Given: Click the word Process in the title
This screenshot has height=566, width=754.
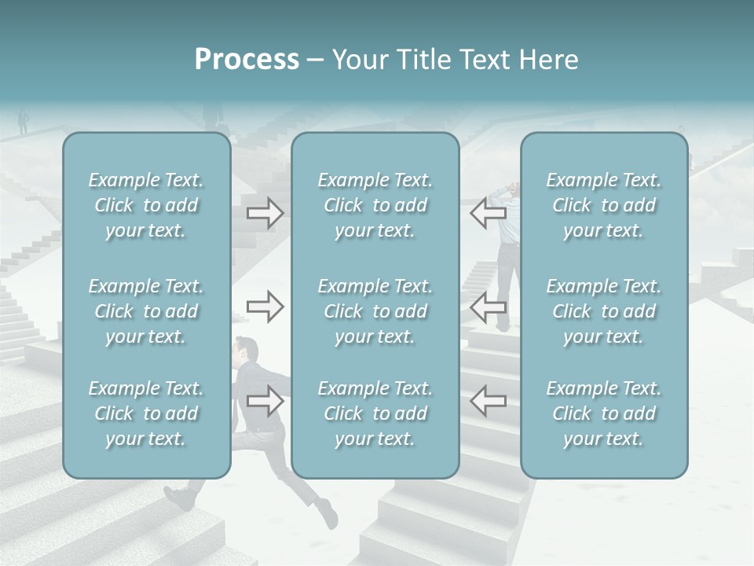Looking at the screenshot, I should point(247,60).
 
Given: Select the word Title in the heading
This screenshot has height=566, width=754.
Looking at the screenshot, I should point(420,60).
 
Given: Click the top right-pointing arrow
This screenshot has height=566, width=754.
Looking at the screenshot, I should point(265,213).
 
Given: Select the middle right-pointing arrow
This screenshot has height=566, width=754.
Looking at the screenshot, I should point(265,306).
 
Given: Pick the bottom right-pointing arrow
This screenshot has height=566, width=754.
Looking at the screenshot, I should point(265,400).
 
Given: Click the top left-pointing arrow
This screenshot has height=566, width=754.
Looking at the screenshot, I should point(489,213).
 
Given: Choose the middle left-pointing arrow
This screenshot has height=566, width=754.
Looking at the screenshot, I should point(489,306).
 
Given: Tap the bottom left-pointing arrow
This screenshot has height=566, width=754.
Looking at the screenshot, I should point(489,400).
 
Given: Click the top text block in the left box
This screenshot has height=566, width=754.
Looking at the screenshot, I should point(146,205).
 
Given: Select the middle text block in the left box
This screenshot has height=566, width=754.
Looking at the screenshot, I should point(146,311).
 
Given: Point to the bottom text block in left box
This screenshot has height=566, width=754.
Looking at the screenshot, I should point(146,413).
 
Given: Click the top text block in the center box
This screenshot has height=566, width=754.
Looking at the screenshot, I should point(375,205).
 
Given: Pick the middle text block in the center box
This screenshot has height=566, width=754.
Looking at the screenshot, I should point(375,311).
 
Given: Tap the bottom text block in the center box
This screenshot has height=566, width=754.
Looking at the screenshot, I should point(375,413).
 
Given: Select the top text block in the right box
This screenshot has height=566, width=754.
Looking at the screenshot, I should point(604,205).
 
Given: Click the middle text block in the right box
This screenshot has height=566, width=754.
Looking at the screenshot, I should point(604,311).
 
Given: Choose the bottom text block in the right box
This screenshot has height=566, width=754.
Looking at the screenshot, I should point(604,413).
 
